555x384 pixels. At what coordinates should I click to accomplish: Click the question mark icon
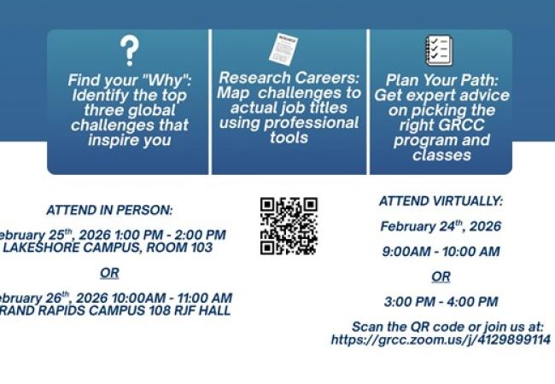[x=128, y=51]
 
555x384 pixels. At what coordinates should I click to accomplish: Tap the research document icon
[x=283, y=49]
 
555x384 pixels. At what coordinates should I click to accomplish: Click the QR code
[x=289, y=226]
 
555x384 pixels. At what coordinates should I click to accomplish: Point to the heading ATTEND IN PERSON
[x=109, y=210]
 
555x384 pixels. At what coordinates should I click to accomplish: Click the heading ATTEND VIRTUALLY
[x=441, y=201]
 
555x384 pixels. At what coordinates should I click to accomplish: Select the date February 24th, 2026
[x=441, y=226]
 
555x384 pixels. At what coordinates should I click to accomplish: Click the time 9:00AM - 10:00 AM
[x=441, y=252]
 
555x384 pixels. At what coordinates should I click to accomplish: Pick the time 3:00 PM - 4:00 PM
[x=441, y=301]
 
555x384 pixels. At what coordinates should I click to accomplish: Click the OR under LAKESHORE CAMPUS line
[x=109, y=273]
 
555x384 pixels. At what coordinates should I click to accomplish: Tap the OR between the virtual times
[x=441, y=276]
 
